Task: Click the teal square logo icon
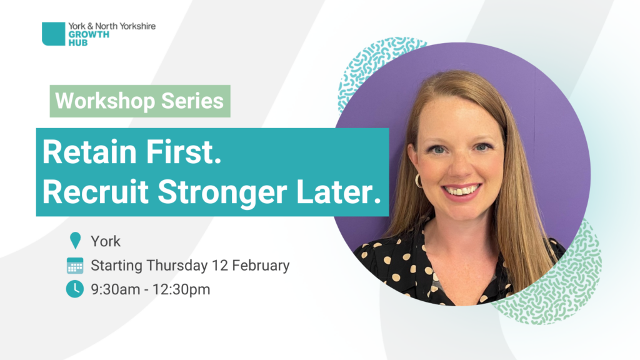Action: (x=54, y=34)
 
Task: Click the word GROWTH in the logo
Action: (x=89, y=35)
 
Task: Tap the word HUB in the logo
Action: (x=78, y=42)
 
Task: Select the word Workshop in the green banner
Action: (x=105, y=101)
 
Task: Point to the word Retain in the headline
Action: (x=89, y=152)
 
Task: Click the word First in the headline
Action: (x=184, y=152)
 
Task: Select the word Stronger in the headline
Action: (x=222, y=193)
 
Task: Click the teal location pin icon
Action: (x=75, y=241)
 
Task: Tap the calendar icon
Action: (x=75, y=265)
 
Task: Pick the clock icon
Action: (x=75, y=289)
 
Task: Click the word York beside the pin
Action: (x=106, y=241)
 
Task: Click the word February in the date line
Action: (x=261, y=265)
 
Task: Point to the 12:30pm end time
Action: (x=181, y=289)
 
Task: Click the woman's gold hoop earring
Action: (x=418, y=181)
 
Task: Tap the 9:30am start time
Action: (x=116, y=289)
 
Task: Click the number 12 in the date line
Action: (x=220, y=265)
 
